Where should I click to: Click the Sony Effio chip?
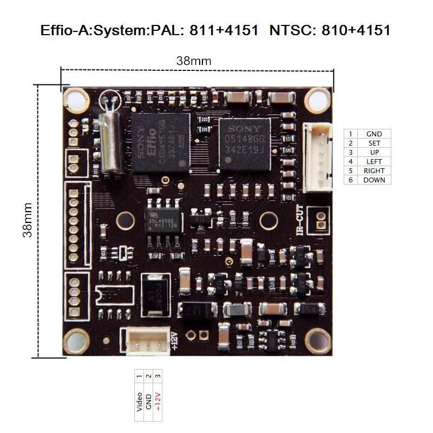pos(161,142)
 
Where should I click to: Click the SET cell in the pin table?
pos(373,143)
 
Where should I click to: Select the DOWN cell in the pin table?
pos(373,180)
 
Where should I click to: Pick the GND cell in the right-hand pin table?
pos(373,134)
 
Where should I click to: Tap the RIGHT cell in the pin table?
pos(373,170)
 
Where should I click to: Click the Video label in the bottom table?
pos(140,402)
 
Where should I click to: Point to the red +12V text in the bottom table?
pos(158,402)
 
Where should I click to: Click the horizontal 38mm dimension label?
pos(194,61)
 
